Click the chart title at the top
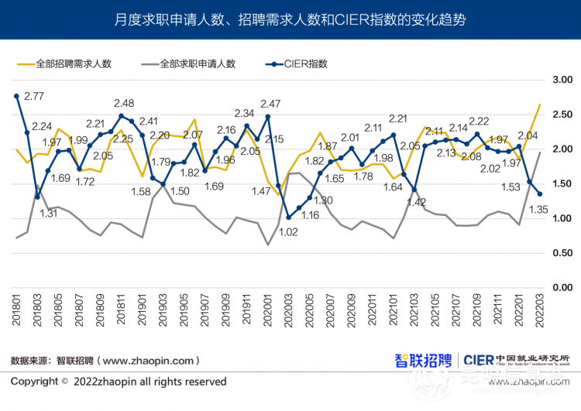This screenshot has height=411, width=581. pyautogui.click(x=290, y=19)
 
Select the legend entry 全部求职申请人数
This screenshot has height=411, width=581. pyautogui.click(x=197, y=63)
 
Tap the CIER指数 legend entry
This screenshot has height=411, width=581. pyautogui.click(x=307, y=63)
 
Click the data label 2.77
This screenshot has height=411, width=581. pyautogui.click(x=34, y=96)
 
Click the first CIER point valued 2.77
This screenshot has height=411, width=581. pyautogui.click(x=16, y=96)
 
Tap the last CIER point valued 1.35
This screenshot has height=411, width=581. pyautogui.click(x=540, y=194)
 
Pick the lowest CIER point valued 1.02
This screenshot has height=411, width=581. pyautogui.click(x=288, y=217)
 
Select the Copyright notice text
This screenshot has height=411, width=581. pyautogui.click(x=119, y=382)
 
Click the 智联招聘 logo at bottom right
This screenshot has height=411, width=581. pyautogui.click(x=423, y=360)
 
